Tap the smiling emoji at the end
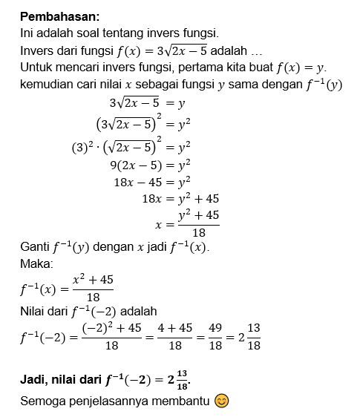click(221, 401)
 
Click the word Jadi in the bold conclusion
click(34, 379)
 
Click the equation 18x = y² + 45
click(180, 199)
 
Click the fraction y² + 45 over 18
click(198, 223)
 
